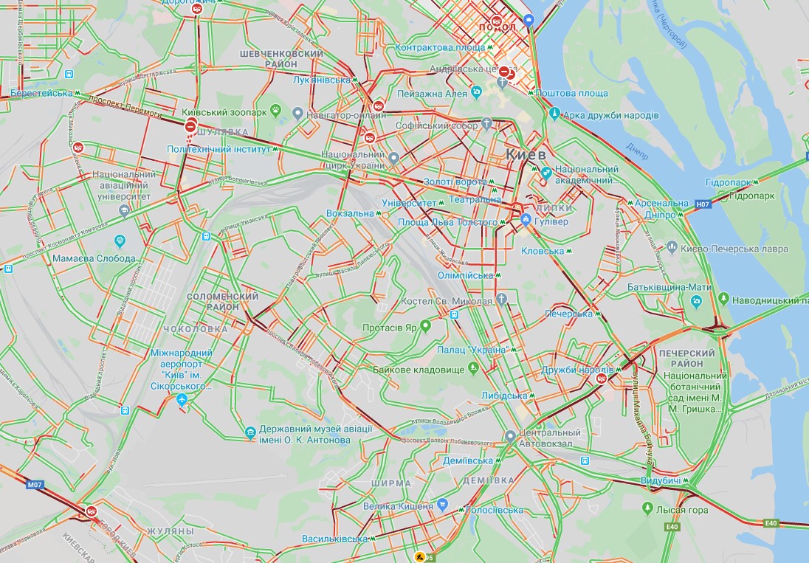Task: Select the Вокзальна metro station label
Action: coord(351,213)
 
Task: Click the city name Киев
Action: coord(526,155)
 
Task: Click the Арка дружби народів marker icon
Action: coord(554,114)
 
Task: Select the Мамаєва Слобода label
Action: coord(94,259)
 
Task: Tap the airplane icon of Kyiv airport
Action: coord(182,400)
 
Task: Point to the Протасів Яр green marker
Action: coord(426,327)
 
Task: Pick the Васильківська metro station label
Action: coord(335,539)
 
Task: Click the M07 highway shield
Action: coord(34,485)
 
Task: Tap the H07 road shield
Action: coord(702,203)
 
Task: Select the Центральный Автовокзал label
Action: coord(549,438)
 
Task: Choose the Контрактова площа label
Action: coord(440,47)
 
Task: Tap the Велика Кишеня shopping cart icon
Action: coord(442,505)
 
